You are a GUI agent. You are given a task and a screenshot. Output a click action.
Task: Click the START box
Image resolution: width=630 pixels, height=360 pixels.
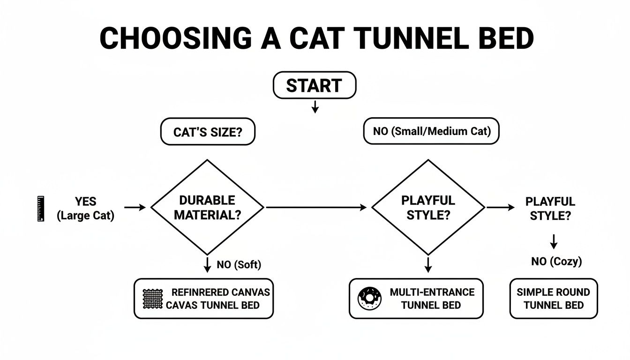315,85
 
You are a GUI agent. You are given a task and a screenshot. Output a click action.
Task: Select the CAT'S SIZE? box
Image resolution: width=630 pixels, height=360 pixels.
208,132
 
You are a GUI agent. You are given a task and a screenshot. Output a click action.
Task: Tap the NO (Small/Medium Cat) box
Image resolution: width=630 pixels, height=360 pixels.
431,131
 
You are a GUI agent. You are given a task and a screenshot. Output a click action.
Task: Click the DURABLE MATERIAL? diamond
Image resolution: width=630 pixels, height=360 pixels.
207,207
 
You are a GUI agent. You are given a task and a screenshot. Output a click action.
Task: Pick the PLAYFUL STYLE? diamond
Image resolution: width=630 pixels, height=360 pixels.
428,207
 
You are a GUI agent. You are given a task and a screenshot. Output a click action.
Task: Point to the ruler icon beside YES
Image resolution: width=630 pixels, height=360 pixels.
40,209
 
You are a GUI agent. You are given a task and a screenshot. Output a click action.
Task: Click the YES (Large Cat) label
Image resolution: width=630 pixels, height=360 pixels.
85,209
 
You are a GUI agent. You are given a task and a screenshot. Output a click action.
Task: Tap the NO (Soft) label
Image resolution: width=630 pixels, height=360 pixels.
239,265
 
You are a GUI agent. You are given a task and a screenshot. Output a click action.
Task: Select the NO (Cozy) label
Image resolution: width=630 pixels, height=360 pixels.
556,261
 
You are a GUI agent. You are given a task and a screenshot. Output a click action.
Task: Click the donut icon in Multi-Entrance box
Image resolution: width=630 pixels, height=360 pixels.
367,299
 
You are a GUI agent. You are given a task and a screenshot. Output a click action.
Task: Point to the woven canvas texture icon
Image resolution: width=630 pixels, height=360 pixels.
152,299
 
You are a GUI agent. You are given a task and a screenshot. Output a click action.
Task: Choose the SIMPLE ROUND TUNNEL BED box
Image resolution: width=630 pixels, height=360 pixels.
553,299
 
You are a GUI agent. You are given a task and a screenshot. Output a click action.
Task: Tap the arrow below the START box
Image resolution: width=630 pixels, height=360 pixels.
315,107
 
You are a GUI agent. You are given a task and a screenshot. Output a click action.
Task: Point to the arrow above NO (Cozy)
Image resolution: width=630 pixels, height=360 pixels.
554,241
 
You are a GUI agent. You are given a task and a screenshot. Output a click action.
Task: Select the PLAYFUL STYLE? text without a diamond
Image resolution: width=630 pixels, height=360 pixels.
550,209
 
